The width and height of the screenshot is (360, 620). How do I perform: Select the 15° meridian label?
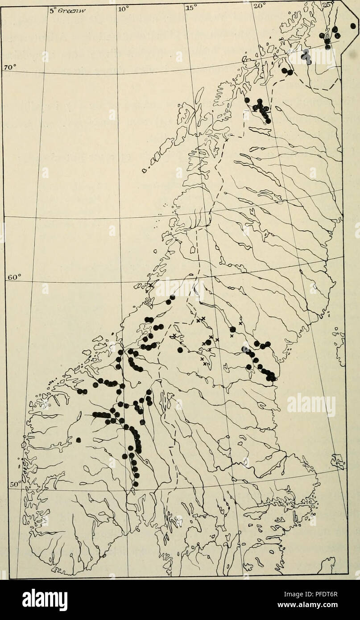[190, 7]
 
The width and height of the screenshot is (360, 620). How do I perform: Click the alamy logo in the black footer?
[45, 599]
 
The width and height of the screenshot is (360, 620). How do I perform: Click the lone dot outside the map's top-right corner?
[353, 26]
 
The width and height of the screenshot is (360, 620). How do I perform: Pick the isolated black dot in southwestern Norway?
[79, 440]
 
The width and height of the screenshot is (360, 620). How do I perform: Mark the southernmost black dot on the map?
[136, 484]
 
